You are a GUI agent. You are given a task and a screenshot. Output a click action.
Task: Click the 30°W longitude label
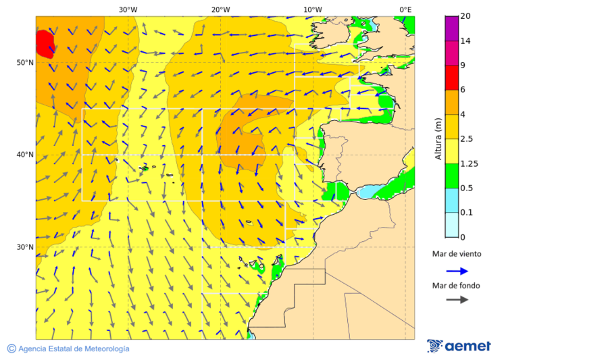pyautogui.click(x=128, y=9)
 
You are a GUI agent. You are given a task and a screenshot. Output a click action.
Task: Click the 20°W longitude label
pyautogui.click(x=220, y=9)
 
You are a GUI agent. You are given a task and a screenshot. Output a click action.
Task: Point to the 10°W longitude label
pyautogui.click(x=312, y=9)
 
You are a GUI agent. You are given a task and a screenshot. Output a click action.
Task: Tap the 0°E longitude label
pyautogui.click(x=405, y=9)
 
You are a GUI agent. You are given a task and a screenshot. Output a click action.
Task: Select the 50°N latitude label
pyautogui.click(x=25, y=63)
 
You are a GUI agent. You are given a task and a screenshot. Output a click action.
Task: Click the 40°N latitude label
pyautogui.click(x=25, y=155)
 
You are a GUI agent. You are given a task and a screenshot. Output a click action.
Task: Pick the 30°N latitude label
pyautogui.click(x=25, y=247)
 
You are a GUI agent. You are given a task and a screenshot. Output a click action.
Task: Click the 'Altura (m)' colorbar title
pyautogui.click(x=438, y=138)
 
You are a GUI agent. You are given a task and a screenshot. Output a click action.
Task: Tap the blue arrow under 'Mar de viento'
pyautogui.click(x=457, y=271)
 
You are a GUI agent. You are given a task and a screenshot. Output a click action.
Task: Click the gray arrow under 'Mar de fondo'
pyautogui.click(x=457, y=299)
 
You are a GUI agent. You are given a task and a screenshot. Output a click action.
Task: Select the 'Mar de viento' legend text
pyautogui.click(x=457, y=254)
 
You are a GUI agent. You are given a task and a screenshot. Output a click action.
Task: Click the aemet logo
pyautogui.click(x=459, y=346)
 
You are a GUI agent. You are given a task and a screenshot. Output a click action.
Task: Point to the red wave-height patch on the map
pyautogui.click(x=44, y=43)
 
